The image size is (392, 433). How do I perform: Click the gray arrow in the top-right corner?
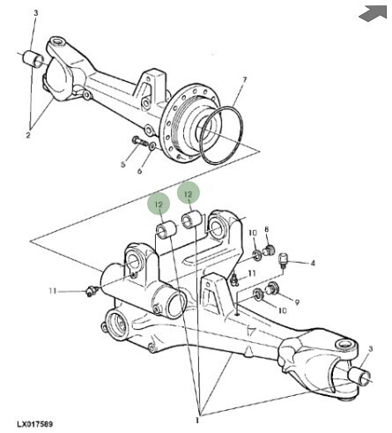tap(374, 13)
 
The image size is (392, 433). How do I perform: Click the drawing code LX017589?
tap(35, 424)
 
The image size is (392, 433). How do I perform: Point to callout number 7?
tap(244, 79)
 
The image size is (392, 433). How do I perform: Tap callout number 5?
tap(123, 164)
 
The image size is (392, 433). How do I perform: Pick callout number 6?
tap(140, 170)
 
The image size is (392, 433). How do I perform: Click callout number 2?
tap(28, 135)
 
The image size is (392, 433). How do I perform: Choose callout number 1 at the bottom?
tap(197, 421)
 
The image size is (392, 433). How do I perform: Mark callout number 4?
tap(313, 263)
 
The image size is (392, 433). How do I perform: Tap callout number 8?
tap(267, 229)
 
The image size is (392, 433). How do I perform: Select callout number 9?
tap(297, 302)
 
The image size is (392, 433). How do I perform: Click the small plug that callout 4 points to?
tap(283, 259)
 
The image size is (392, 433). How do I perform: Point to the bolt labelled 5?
tap(140, 142)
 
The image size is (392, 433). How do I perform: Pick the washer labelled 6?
tap(152, 146)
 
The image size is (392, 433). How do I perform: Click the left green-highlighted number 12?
tap(159, 204)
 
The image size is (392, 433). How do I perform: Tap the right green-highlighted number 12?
tap(189, 194)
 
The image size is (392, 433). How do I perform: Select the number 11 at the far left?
tap(53, 291)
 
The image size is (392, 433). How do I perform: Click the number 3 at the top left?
tap(36, 13)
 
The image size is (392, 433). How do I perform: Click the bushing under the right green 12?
tap(191, 220)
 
